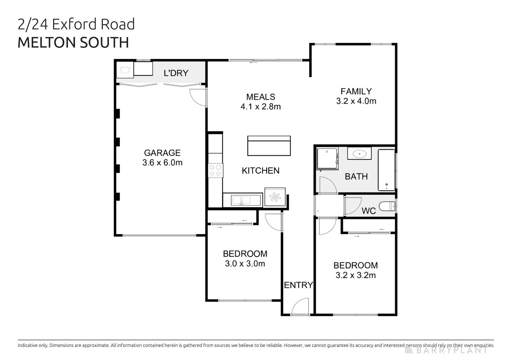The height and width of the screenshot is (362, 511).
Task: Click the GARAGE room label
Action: tap(162, 153)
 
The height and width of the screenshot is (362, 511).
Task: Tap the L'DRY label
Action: tap(176, 73)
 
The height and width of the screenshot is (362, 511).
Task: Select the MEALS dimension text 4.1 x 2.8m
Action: tap(261, 106)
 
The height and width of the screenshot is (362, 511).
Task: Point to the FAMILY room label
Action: tap(356, 91)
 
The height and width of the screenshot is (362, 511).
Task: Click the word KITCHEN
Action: tap(261, 171)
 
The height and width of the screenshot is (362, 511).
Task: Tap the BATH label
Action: tap(356, 176)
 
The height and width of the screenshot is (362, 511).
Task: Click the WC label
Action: tap(369, 211)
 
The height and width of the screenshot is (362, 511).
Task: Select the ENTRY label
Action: tap(298, 285)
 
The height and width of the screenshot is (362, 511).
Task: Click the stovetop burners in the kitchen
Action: tap(215, 170)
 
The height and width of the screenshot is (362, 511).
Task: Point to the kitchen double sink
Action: tap(242, 200)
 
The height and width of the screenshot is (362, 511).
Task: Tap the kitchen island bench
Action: tap(269, 146)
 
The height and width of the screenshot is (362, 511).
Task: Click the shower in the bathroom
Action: tap(327, 158)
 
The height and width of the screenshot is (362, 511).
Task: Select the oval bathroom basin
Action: tap(360, 154)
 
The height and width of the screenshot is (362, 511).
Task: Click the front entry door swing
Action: tap(301, 307)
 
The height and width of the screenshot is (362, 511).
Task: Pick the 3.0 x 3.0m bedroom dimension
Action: tap(245, 264)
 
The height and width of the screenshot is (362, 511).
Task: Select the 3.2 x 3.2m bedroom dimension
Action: tap(355, 275)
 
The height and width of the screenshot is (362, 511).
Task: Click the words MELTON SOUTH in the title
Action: tap(73, 42)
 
